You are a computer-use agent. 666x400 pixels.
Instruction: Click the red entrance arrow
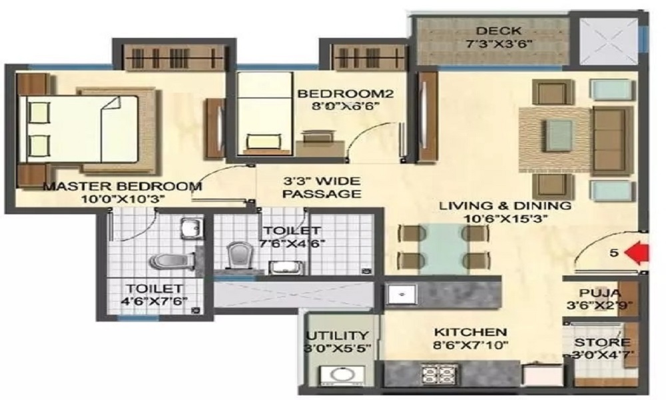click(x=640, y=254)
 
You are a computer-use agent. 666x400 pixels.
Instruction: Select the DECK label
click(x=493, y=31)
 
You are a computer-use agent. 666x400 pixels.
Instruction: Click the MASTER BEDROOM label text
click(x=122, y=186)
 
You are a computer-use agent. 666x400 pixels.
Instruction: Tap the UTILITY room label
click(x=336, y=335)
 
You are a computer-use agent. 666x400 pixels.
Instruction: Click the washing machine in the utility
click(x=336, y=375)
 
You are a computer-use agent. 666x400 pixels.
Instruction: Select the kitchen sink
click(x=402, y=293)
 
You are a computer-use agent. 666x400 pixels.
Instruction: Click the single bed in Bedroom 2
click(x=261, y=113)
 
